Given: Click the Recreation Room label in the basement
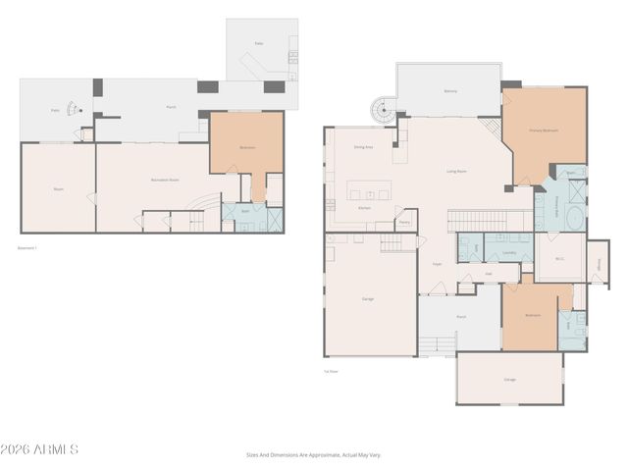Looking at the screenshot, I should (164, 181).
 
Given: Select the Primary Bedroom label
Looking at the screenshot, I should (544, 130).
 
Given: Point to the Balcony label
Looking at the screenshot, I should (449, 91).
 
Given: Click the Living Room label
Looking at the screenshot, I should (457, 171).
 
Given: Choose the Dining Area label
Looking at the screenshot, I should (363, 146).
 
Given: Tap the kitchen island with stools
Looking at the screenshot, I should (368, 189).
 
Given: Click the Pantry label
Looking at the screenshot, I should (403, 222).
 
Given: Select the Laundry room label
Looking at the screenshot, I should (509, 252).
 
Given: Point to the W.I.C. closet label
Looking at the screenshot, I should (557, 259).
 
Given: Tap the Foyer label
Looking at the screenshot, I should (438, 264).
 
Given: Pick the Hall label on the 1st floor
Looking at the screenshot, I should (489, 274).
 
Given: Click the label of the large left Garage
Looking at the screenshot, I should (367, 298).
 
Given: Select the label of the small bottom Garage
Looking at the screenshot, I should (509, 379).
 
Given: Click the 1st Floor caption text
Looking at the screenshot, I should (332, 371).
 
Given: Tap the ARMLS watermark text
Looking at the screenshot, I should (40, 449).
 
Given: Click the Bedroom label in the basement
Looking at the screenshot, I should (247, 147).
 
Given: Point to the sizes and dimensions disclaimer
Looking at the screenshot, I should (313, 454).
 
